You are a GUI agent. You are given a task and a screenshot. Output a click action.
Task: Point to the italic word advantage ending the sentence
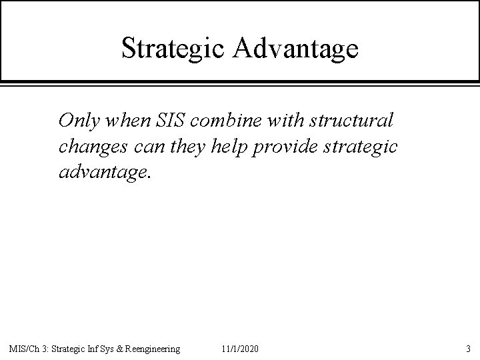coord(105,173)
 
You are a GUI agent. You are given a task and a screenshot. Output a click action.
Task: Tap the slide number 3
coord(469,349)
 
